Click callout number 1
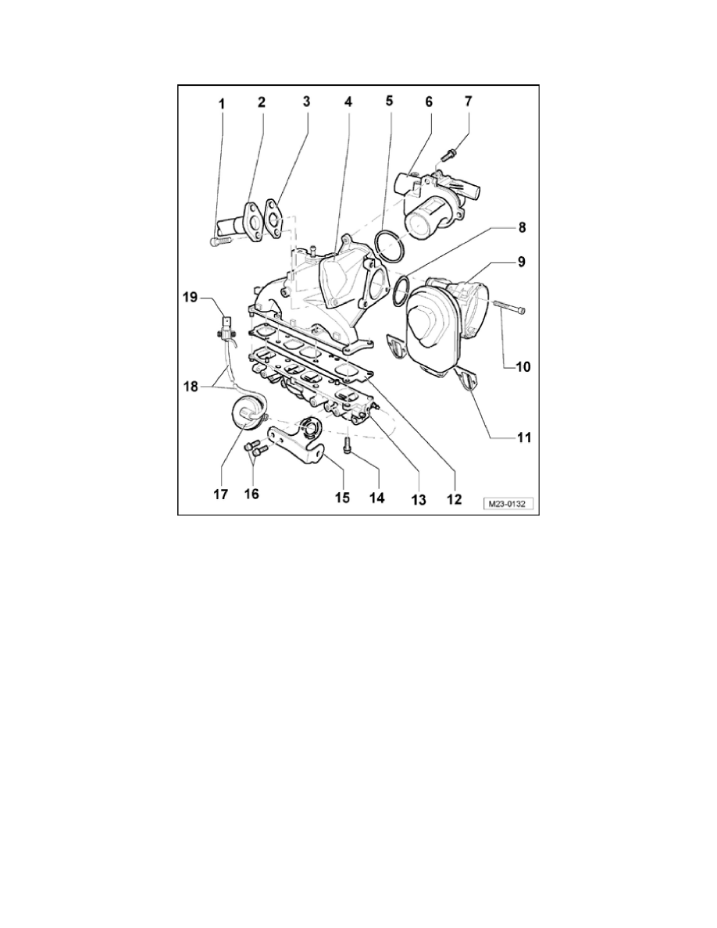click(x=222, y=102)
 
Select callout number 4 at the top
click(x=348, y=102)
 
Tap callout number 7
click(x=468, y=102)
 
